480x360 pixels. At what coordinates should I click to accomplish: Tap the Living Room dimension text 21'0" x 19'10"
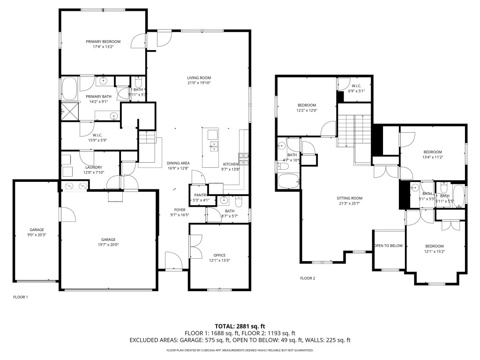click(199, 83)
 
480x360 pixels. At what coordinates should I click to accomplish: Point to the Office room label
click(219, 255)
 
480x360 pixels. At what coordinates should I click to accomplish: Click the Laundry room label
click(94, 167)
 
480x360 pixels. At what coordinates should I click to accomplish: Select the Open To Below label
click(388, 246)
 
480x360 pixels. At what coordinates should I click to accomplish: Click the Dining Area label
click(178, 163)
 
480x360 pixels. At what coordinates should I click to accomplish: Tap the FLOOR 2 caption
click(307, 278)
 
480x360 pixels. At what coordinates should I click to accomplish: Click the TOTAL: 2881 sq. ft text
click(240, 326)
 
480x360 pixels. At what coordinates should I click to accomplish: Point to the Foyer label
click(179, 210)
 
